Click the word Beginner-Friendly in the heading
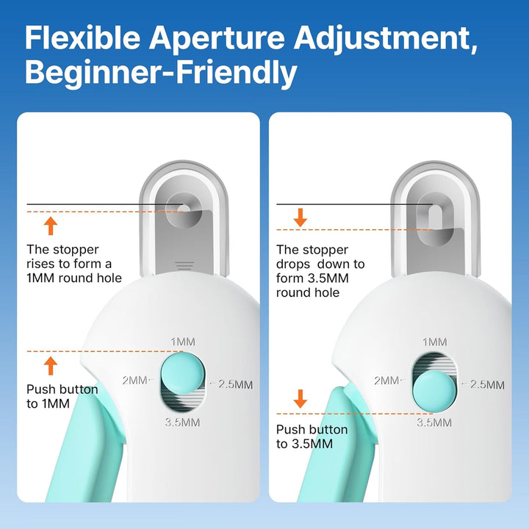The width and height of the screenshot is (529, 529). click(161, 73)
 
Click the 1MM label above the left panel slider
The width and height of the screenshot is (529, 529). click(183, 342)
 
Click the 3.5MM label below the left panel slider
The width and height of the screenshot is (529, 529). click(181, 422)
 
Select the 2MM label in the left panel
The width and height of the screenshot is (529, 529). click(135, 380)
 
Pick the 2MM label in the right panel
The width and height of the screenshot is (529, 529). click(387, 381)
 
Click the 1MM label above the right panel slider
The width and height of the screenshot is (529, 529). click(435, 342)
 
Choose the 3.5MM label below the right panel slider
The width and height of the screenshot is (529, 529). click(434, 422)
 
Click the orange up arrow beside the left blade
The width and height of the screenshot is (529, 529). click(50, 225)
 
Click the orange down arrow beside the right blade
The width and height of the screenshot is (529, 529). click(300, 217)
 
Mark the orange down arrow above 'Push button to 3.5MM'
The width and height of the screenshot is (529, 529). click(300, 399)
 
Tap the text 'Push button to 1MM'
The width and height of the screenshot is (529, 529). click(62, 397)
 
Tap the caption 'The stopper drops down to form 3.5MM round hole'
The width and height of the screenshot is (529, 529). click(320, 271)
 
